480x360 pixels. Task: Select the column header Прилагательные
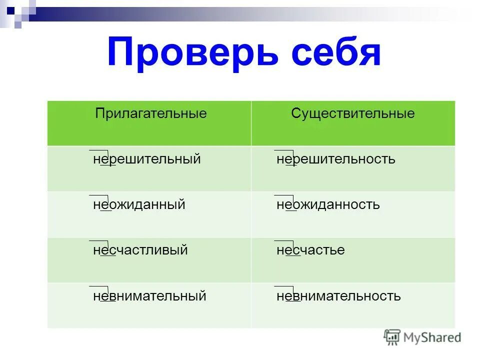click(151, 113)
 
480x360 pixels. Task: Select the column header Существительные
click(353, 113)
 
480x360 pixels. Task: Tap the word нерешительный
click(147, 159)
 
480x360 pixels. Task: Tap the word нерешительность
click(336, 159)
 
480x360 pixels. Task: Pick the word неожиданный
click(139, 204)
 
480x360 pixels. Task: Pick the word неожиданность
click(328, 204)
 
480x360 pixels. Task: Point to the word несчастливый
click(140, 250)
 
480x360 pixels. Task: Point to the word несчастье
click(310, 250)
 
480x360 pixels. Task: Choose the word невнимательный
click(149, 296)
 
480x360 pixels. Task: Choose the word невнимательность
click(338, 296)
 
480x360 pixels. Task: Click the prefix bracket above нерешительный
click(99, 150)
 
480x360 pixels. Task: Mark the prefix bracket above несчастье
click(283, 241)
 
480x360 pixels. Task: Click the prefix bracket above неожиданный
click(99, 196)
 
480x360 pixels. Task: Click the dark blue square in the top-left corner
click(10, 8)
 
